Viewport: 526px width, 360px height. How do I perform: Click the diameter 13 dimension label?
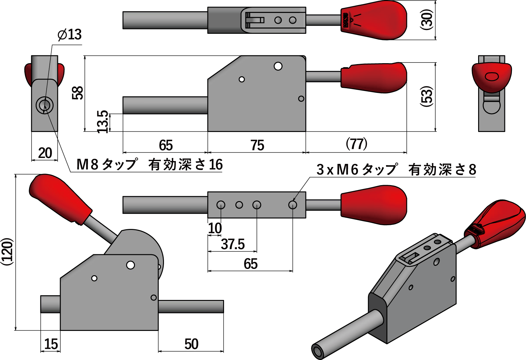69,34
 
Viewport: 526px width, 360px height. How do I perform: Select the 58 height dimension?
78,93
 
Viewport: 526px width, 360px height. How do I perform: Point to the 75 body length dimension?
257,145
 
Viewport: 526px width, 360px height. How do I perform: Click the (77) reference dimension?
356,144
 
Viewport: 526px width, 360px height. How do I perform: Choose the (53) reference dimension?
426,96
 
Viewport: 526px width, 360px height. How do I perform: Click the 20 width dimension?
45,153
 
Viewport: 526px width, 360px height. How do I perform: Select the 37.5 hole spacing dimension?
232,244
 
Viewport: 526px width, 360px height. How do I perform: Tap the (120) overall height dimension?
8,252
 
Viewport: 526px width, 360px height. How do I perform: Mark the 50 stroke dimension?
191,344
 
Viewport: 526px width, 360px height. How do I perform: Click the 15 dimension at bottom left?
51,344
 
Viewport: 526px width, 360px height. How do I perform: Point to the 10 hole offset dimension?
215,228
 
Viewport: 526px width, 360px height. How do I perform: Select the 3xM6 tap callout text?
396,170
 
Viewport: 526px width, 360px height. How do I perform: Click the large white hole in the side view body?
278,66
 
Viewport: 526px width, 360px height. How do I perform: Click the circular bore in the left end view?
44,105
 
